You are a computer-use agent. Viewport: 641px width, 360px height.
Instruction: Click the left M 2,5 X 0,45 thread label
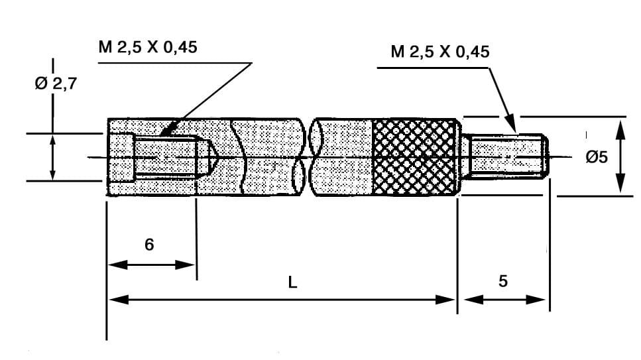click(146, 47)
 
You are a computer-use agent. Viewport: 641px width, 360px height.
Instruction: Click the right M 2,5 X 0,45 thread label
click(439, 52)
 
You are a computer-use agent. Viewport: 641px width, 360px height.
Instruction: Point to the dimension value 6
click(149, 245)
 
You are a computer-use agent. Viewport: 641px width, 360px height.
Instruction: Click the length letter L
click(292, 282)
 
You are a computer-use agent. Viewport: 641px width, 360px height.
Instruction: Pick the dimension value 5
click(502, 281)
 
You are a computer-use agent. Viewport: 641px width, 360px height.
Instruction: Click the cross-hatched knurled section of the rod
click(415, 158)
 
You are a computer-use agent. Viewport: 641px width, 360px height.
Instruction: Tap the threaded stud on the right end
click(507, 157)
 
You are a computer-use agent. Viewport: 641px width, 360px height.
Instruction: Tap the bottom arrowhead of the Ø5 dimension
click(620, 188)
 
